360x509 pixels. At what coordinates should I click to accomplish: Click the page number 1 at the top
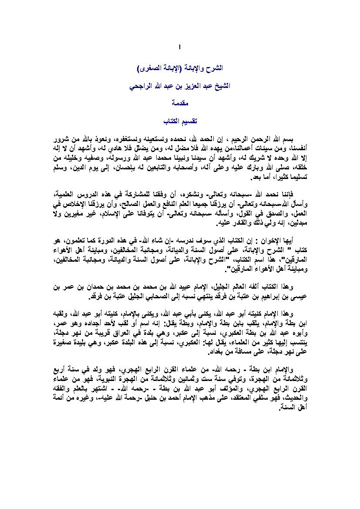coord(179,47)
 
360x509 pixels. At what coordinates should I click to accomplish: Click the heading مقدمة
coord(180,103)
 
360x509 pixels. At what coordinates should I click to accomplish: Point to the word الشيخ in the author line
coord(217,86)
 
